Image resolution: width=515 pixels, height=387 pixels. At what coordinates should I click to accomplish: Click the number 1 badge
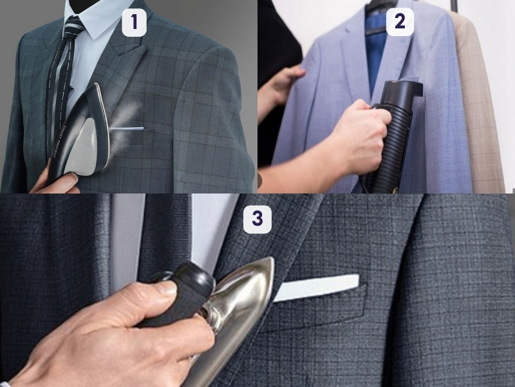click(x=135, y=23)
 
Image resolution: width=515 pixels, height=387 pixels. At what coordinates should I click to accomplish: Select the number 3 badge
click(x=257, y=219)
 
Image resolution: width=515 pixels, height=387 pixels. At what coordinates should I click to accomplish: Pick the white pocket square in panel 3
click(x=315, y=288)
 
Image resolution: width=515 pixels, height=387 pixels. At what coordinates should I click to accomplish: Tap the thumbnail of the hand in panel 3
click(x=166, y=288)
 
